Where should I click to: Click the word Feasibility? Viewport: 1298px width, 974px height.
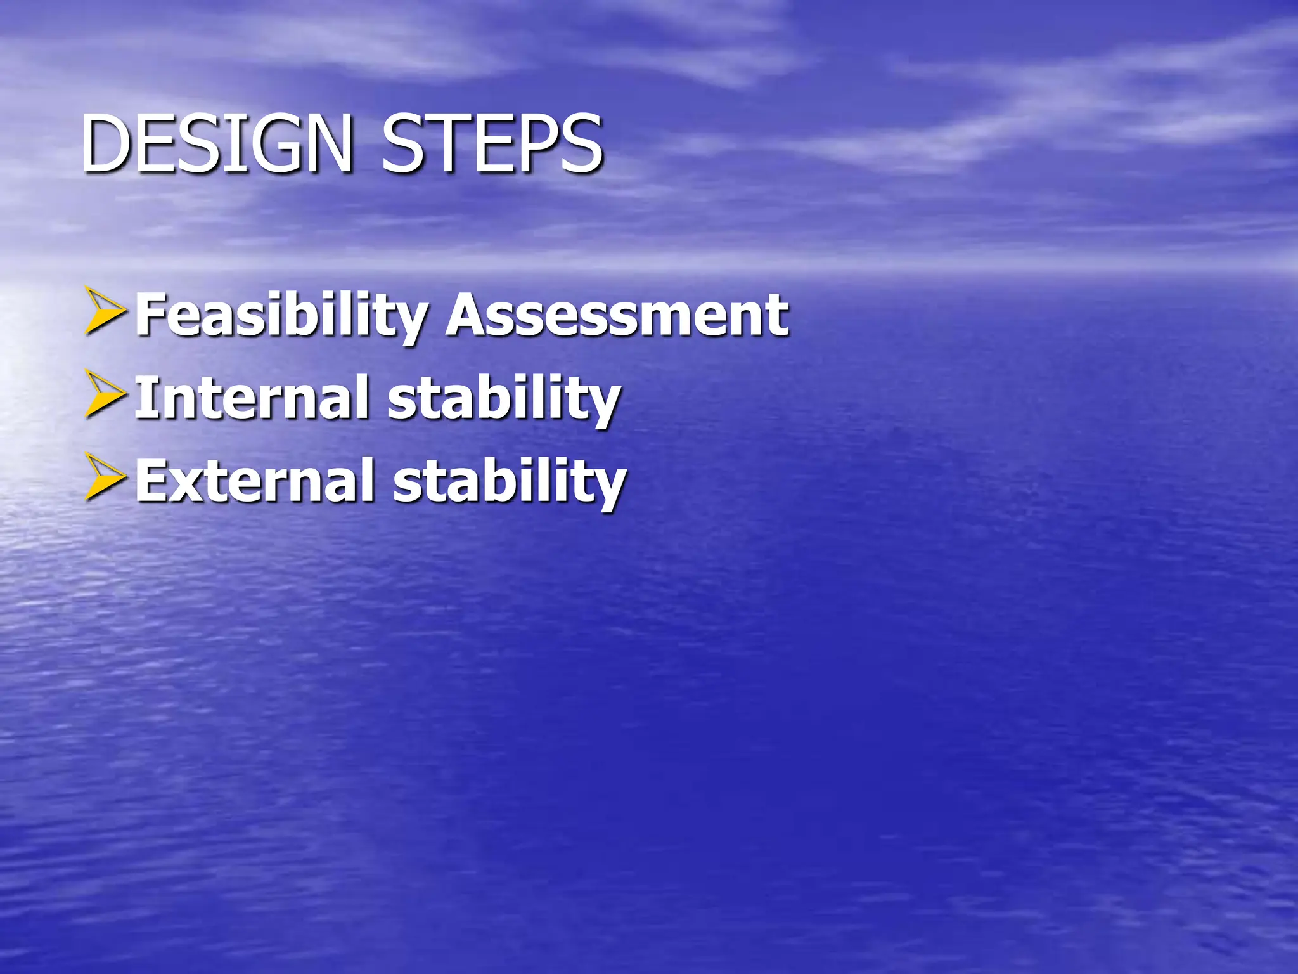(282, 315)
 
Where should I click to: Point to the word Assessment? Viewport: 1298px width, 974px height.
(617, 315)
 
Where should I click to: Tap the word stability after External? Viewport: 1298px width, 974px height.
(510, 482)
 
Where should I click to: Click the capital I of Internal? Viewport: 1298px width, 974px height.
(145, 398)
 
